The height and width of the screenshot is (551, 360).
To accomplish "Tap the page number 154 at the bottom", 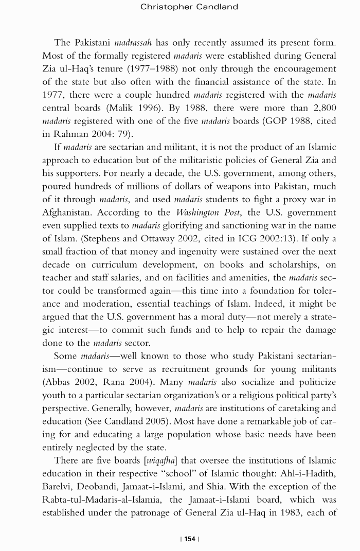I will coord(190,539).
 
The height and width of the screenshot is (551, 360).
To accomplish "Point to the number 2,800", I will coord(322,108).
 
